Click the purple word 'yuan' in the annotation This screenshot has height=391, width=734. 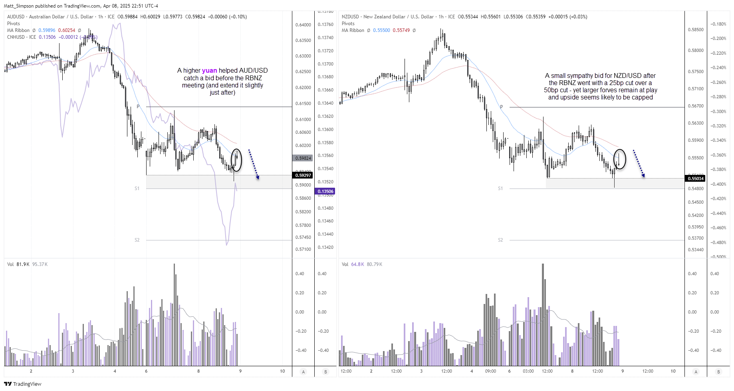209,71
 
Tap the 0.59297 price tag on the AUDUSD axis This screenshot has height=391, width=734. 303,175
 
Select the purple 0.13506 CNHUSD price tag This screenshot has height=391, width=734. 325,191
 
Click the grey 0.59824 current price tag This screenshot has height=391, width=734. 303,158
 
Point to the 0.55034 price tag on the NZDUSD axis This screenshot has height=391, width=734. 696,179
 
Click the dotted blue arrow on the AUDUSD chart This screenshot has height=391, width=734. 254,164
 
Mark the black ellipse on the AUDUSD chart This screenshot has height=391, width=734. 236,160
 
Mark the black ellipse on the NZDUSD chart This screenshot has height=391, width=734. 619,159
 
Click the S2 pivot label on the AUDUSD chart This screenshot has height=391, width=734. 137,240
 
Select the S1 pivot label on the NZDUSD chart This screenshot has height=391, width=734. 500,189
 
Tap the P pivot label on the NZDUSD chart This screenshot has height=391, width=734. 502,107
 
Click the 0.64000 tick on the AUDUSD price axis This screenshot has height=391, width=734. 303,25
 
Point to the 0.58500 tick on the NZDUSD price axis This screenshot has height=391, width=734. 696,30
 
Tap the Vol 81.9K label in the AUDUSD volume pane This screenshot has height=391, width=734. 18,264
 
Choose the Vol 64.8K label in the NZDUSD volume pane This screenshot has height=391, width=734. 353,264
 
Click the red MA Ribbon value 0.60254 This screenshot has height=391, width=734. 67,30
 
